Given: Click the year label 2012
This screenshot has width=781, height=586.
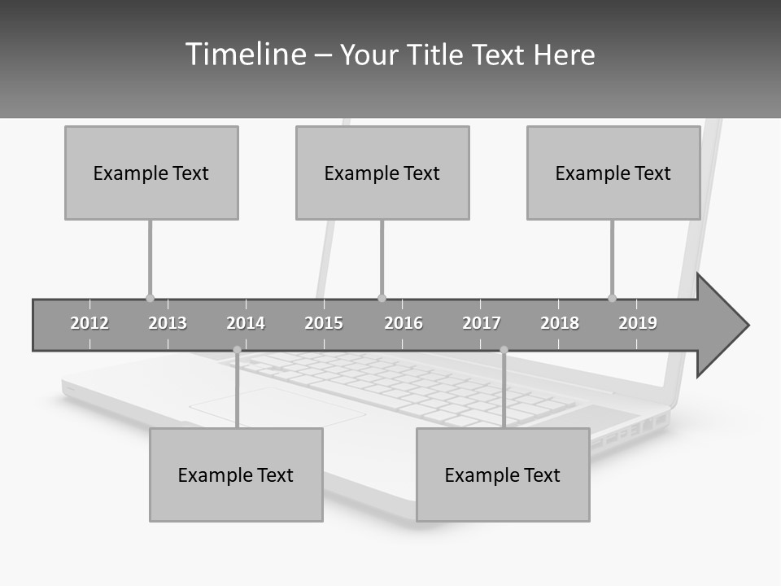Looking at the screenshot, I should pyautogui.click(x=89, y=323).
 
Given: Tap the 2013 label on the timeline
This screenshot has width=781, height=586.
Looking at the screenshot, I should pyautogui.click(x=168, y=323).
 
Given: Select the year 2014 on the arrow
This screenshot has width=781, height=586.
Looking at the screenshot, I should pyautogui.click(x=246, y=323).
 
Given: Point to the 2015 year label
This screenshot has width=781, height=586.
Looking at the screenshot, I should pyautogui.click(x=324, y=323).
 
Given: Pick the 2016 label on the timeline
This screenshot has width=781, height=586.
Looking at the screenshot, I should pyautogui.click(x=404, y=323).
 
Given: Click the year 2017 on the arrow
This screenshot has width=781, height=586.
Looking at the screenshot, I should pyautogui.click(x=482, y=323).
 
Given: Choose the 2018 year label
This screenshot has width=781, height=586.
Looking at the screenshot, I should pyautogui.click(x=560, y=323).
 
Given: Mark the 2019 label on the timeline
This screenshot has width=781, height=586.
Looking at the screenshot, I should pyautogui.click(x=638, y=323).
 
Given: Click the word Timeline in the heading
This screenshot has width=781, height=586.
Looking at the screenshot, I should pyautogui.click(x=245, y=55).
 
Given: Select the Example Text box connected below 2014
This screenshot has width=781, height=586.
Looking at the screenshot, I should pyautogui.click(x=236, y=474).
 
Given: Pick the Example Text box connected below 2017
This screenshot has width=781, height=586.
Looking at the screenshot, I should pyautogui.click(x=503, y=474).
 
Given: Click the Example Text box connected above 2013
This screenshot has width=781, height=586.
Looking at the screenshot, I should pyautogui.click(x=151, y=173).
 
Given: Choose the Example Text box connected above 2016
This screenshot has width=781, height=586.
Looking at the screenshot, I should pyautogui.click(x=382, y=173).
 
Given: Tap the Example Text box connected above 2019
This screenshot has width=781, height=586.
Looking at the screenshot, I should pyautogui.click(x=613, y=173).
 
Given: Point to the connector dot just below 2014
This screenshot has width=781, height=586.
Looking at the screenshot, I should pyautogui.click(x=237, y=350).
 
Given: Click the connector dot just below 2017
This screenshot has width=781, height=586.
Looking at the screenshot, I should pyautogui.click(x=504, y=350).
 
